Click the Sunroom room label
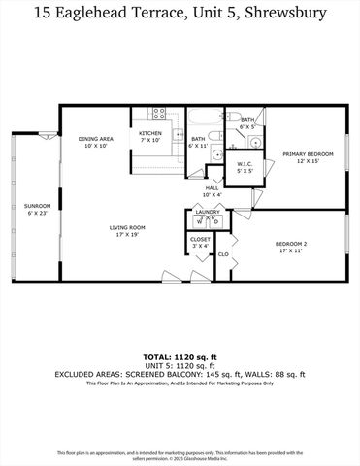(38, 206)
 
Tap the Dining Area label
(96, 139)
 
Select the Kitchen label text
(149, 133)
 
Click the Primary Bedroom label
(308, 154)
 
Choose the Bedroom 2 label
(289, 244)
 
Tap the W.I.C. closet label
(245, 164)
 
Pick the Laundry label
(207, 211)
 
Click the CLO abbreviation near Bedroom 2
(222, 254)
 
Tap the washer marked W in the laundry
(199, 221)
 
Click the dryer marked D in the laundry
(215, 221)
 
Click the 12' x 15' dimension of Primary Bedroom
(308, 161)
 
